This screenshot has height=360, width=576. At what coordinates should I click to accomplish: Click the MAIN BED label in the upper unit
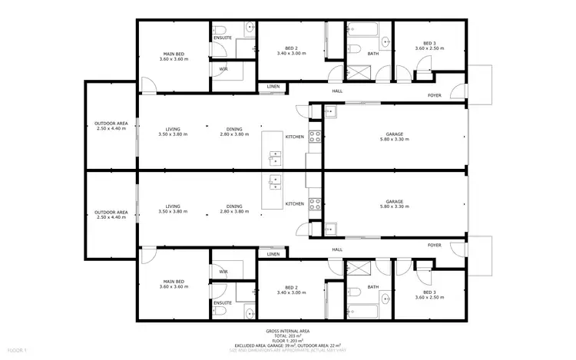173,54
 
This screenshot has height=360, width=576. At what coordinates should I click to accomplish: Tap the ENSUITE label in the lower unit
223,302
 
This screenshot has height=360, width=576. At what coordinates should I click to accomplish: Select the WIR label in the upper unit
223,69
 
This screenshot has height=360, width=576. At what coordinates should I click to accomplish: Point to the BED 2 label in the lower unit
291,287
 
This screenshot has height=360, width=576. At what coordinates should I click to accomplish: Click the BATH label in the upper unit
373,53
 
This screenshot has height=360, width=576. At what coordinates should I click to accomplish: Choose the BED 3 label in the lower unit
429,293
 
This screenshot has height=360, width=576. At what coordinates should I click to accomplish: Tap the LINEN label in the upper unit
273,87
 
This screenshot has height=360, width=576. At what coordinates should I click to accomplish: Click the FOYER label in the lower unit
435,245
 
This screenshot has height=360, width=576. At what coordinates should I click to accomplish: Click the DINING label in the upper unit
235,129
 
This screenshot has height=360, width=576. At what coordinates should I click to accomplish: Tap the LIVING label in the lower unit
173,206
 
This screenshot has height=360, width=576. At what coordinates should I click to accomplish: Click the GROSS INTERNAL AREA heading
288,332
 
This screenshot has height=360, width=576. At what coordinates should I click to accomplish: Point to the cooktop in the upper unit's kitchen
315,139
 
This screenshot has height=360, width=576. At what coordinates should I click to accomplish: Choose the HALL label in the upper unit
336,91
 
